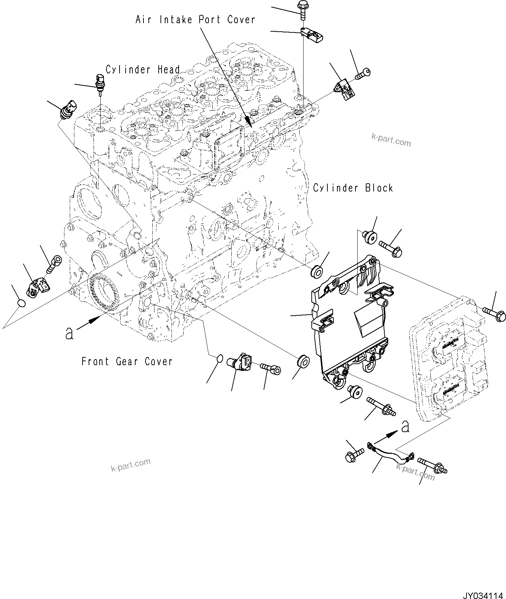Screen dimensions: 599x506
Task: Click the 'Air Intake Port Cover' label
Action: pos(195,20)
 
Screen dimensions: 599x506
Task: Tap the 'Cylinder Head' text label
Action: pos(142,69)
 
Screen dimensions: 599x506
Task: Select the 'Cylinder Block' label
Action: pos(353,188)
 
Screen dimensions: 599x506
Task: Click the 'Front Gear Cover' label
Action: pos(127,362)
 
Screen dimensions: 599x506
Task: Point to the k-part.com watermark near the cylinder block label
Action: pos(391,140)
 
